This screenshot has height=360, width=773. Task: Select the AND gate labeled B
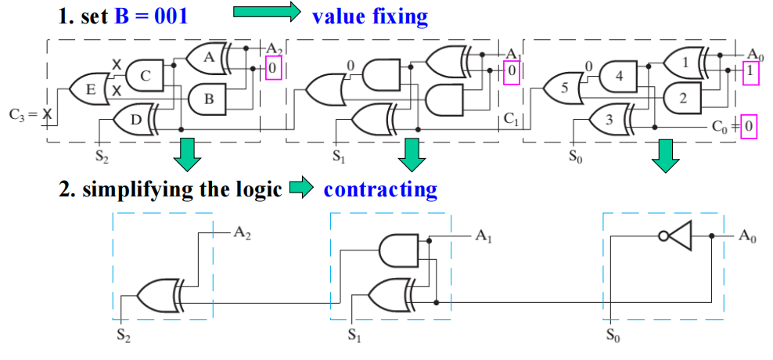[207, 99]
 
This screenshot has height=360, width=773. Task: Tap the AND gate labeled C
[145, 75]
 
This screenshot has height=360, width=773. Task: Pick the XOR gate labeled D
[135, 119]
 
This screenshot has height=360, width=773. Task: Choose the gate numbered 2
[682, 98]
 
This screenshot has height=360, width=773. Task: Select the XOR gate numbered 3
[609, 119]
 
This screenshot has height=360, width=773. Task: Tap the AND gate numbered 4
[619, 77]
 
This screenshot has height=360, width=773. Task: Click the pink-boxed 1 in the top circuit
[750, 70]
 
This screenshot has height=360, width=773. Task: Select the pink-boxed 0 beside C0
[749, 125]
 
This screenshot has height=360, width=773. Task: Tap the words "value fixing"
[369, 16]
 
